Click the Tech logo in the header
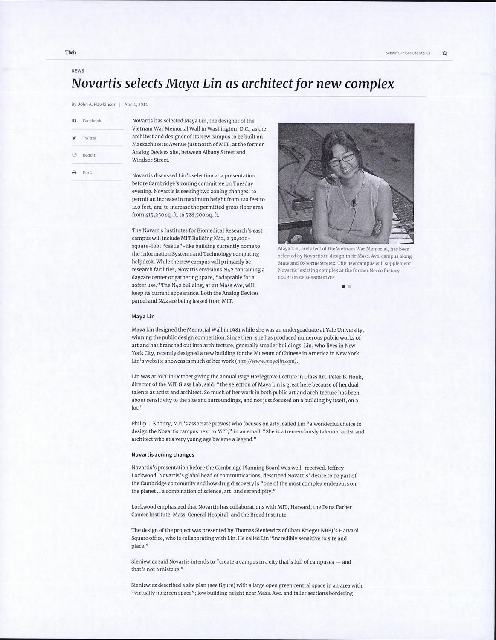coord(70,52)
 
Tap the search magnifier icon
coord(445,53)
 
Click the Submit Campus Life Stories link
coord(407,53)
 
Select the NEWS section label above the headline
coord(78,71)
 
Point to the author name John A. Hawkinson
coord(97,104)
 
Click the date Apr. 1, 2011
coord(136,104)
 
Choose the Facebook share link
coord(92,121)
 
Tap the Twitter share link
coord(90,138)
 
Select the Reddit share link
coord(89,155)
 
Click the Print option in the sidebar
coord(87,172)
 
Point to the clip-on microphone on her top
coord(354,204)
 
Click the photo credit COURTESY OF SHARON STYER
coord(306,278)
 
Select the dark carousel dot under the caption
coord(343,287)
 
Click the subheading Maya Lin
coord(143,317)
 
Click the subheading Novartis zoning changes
coord(162,455)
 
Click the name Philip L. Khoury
coord(151,424)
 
